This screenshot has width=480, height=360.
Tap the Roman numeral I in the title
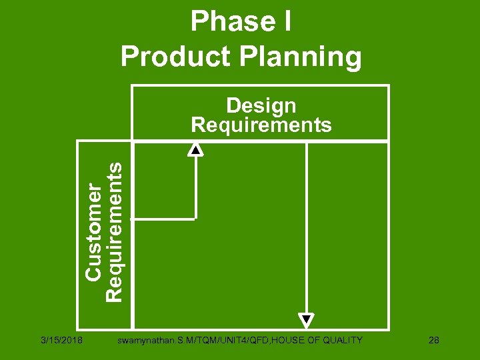pyautogui.click(x=285, y=22)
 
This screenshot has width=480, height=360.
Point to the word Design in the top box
pyautogui.click(x=261, y=105)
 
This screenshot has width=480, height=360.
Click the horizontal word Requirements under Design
pyautogui.click(x=261, y=125)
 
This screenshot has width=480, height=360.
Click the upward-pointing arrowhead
pyautogui.click(x=195, y=149)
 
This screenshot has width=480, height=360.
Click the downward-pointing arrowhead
pyautogui.click(x=306, y=321)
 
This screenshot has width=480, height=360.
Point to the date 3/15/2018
pyautogui.click(x=60, y=341)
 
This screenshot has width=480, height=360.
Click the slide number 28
pyautogui.click(x=434, y=341)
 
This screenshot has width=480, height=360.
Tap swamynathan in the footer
pyautogui.click(x=141, y=341)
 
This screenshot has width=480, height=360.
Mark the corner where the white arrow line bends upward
pyautogui.click(x=195, y=217)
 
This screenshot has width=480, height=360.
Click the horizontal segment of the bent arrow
pyautogui.click(x=163, y=217)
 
